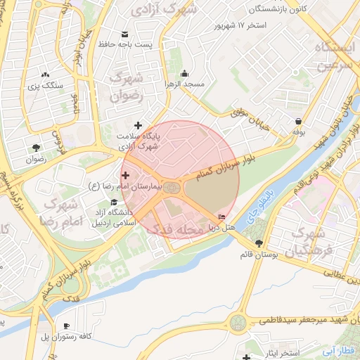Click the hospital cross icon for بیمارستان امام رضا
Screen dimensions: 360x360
pyautogui.click(x=126, y=175)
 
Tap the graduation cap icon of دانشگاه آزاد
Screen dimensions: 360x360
pyautogui.click(x=114, y=202)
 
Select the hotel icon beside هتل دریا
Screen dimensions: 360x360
pyautogui.click(x=223, y=217)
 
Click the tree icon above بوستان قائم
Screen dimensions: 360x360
pyautogui.click(x=259, y=243)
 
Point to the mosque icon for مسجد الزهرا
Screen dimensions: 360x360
pyautogui.click(x=185, y=74)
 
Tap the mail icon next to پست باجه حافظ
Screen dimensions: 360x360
pyautogui.click(x=125, y=35)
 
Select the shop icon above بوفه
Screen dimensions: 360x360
pyautogui.click(x=300, y=121)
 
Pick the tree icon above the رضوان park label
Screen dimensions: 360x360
pyautogui.click(x=35, y=147)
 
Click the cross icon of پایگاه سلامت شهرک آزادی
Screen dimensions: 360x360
pyautogui.click(x=138, y=125)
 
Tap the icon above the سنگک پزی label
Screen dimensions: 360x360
pyautogui.click(x=46, y=74)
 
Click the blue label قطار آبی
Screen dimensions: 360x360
pyautogui.click(x=340, y=350)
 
